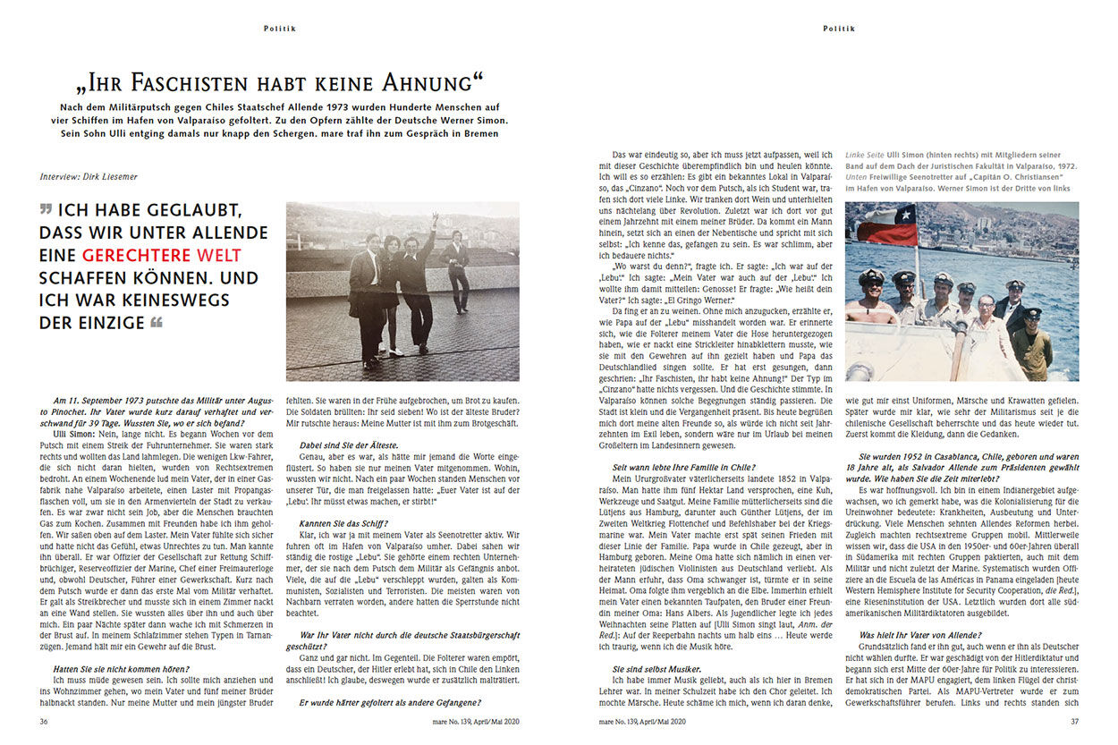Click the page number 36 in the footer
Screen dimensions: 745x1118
tap(44, 721)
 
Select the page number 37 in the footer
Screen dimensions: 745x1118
tap(1074, 721)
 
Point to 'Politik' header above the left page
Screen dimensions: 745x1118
tap(280, 29)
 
